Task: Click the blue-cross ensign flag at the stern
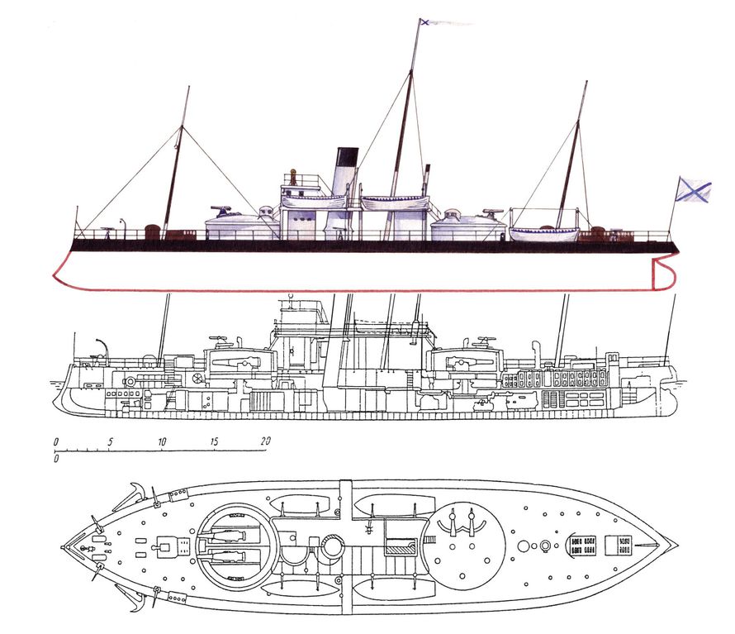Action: click(694, 189)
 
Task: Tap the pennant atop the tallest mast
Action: click(444, 21)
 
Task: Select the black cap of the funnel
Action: click(348, 156)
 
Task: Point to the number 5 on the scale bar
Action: click(110, 441)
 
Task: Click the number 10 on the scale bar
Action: click(162, 441)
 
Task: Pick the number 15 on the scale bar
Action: click(214, 441)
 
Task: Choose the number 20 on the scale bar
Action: click(265, 441)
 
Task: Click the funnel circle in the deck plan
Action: click(332, 547)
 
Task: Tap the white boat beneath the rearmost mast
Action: click(544, 233)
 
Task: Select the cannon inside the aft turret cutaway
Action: click(469, 362)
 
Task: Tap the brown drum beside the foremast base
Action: click(152, 231)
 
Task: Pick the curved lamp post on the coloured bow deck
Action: click(123, 228)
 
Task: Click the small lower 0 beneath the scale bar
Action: click(56, 459)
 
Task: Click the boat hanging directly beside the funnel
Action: click(314, 202)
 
